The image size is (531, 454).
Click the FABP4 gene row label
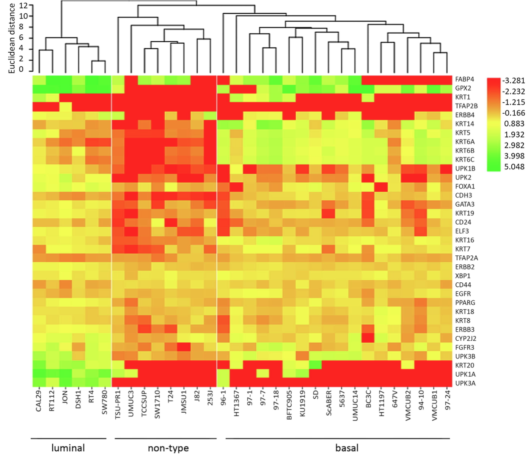(465, 79)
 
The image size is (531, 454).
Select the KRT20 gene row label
(464, 365)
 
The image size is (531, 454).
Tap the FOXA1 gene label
(465, 186)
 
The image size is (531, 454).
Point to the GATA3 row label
(465, 204)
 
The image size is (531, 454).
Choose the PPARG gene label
(465, 303)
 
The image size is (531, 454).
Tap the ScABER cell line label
(329, 403)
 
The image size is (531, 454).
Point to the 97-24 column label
(448, 401)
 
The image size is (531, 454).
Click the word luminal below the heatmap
(68, 448)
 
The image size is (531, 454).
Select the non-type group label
(168, 448)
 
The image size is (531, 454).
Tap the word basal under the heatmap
(347, 448)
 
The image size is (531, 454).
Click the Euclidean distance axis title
(12, 38)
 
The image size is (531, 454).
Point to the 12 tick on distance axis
(24, 5)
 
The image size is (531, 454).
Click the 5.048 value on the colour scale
(514, 167)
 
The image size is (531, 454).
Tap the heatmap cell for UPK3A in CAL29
(39, 383)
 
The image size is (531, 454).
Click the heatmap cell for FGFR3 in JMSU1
(184, 347)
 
